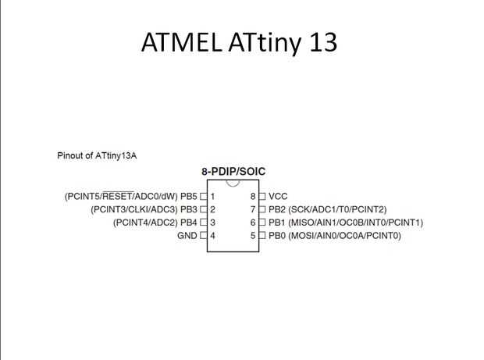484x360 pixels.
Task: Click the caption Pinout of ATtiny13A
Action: [98, 155]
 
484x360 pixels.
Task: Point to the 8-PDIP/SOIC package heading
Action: [233, 171]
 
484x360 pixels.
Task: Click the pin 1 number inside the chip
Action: [212, 196]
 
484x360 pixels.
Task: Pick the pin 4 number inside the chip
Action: [212, 235]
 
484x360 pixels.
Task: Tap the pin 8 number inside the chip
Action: [253, 196]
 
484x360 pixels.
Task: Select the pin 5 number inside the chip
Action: [253, 235]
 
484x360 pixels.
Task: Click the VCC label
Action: [279, 196]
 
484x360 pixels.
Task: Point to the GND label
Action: [188, 235]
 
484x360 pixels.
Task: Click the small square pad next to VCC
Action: [263, 196]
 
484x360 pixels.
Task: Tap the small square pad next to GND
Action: [203, 235]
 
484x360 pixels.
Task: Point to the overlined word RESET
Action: [118, 196]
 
